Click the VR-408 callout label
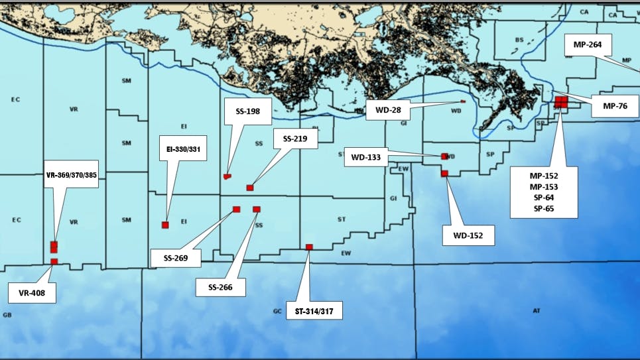32,292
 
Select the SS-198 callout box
247,111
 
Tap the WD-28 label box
387,109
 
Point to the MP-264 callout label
588,46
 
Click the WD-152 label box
469,235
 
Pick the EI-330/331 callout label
184,149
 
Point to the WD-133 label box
365,157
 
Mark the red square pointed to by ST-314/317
309,247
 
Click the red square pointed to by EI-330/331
165,225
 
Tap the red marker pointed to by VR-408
54,262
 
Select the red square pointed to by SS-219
250,188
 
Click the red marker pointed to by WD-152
444,174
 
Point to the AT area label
537,310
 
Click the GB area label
7,314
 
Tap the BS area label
519,40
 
